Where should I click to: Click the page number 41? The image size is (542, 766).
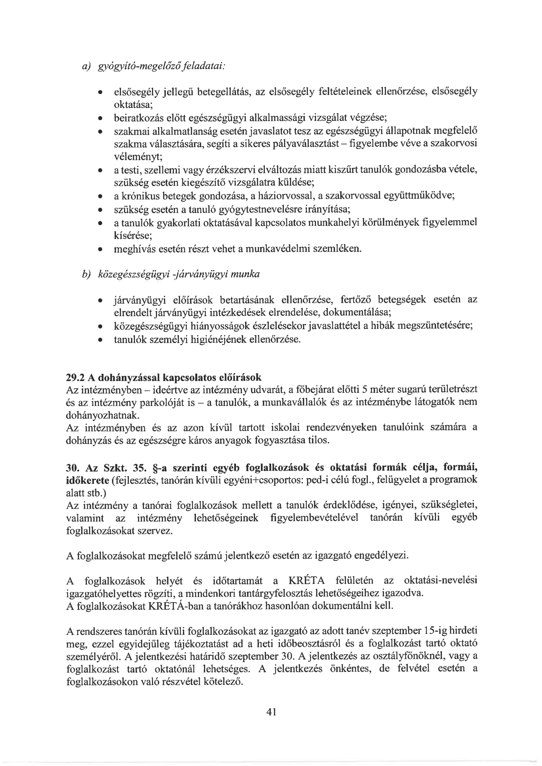click(271, 712)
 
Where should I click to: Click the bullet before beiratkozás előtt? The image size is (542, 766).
click(100, 118)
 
